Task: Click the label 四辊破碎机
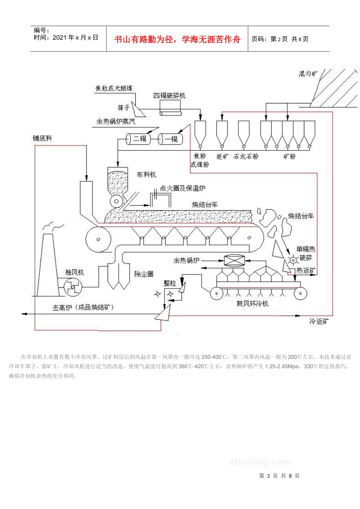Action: tap(169, 96)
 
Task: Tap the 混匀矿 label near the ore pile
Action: tap(308, 74)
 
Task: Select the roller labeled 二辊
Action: tap(139, 139)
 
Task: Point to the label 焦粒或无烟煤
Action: tap(114, 88)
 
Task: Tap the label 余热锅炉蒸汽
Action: tap(116, 122)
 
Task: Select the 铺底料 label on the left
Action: tap(42, 139)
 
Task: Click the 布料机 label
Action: tap(146, 175)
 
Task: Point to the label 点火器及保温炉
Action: tap(182, 188)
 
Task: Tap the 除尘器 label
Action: tap(144, 274)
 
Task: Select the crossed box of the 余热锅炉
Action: tap(235, 261)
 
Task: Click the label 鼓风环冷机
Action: tap(252, 304)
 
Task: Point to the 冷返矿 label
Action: tap(319, 322)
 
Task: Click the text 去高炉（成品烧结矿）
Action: tap(83, 308)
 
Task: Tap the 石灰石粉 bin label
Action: tap(246, 156)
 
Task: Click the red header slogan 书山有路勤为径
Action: tap(177, 39)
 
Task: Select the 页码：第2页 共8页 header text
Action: tap(280, 39)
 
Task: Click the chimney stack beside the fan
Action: tap(47, 265)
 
